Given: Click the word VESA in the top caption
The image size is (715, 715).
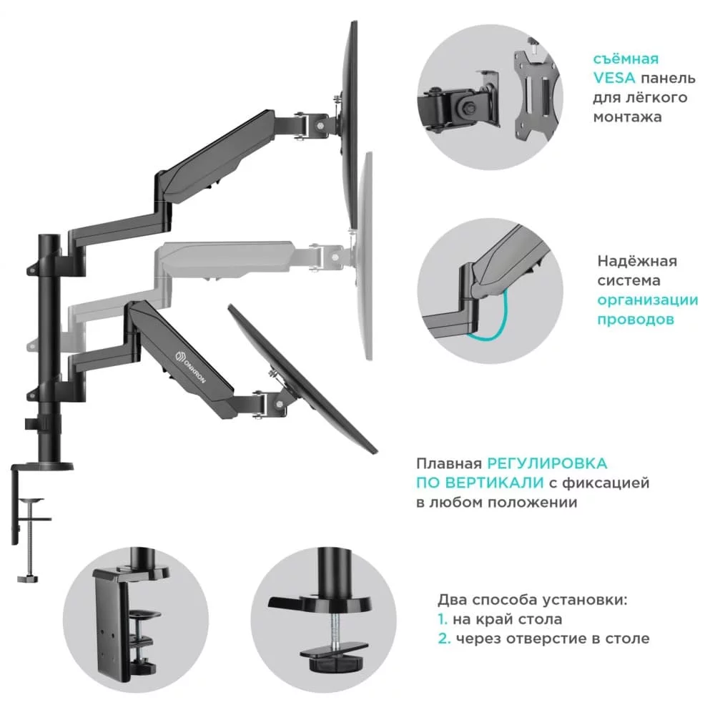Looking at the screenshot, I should click(x=613, y=78).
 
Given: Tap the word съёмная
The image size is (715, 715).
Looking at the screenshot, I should click(x=626, y=59).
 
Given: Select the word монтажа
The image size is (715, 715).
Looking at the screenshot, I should click(x=627, y=116).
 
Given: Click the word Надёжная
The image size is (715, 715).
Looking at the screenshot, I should click(x=637, y=261).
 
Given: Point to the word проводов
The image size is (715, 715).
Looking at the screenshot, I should click(x=636, y=320).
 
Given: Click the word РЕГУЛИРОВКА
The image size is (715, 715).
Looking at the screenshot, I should click(x=548, y=464).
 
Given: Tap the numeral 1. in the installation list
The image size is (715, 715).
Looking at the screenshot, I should click(x=443, y=619).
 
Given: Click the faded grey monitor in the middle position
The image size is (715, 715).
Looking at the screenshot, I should click(x=365, y=257).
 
